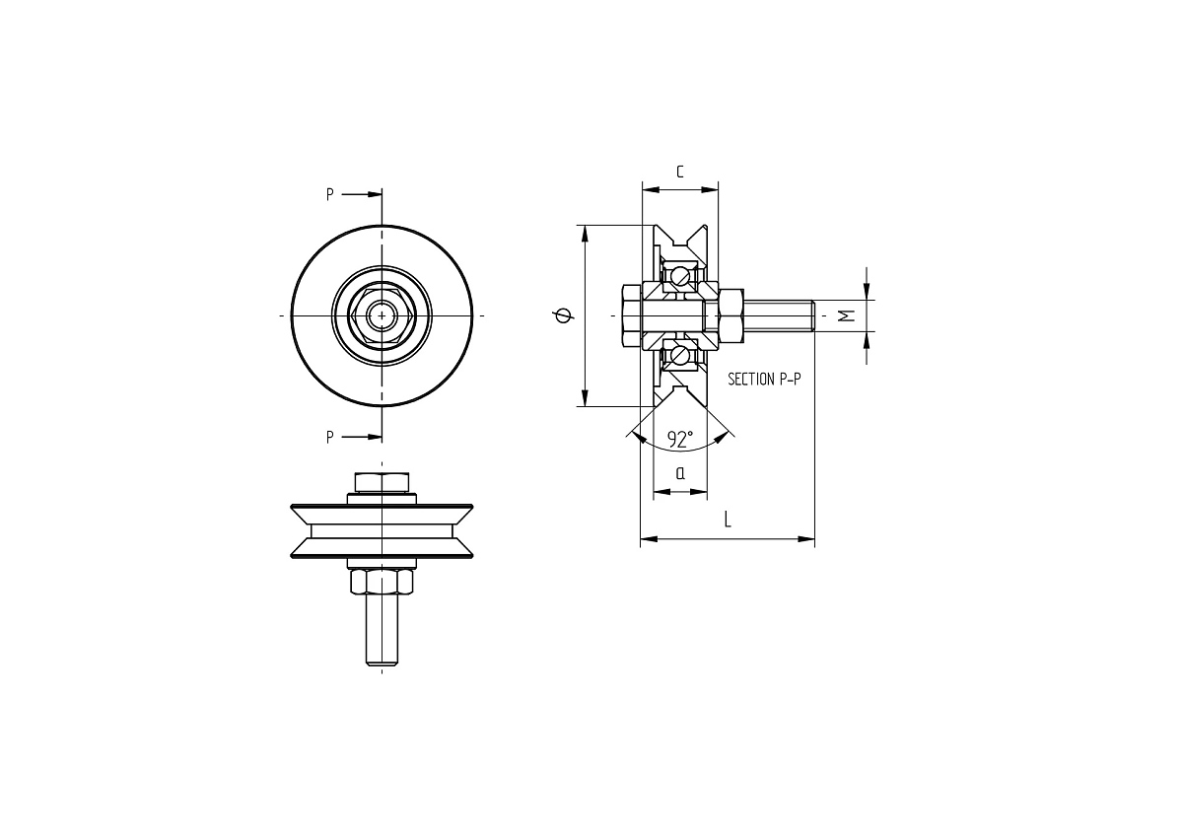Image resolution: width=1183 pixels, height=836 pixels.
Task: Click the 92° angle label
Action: (680, 439)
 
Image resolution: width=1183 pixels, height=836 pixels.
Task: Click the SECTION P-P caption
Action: (764, 380)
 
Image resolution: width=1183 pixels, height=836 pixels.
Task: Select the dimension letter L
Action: (728, 520)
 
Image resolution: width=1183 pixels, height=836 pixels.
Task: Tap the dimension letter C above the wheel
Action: (680, 172)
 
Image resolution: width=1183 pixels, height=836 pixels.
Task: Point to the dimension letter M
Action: (847, 315)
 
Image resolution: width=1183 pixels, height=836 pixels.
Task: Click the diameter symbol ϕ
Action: (564, 315)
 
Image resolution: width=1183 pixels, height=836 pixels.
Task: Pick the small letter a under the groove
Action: (680, 473)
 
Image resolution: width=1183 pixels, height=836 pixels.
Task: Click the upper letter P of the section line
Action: (329, 195)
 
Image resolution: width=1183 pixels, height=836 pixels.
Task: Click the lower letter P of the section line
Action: (329, 438)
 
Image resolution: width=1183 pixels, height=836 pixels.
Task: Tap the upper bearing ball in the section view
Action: (681, 276)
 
